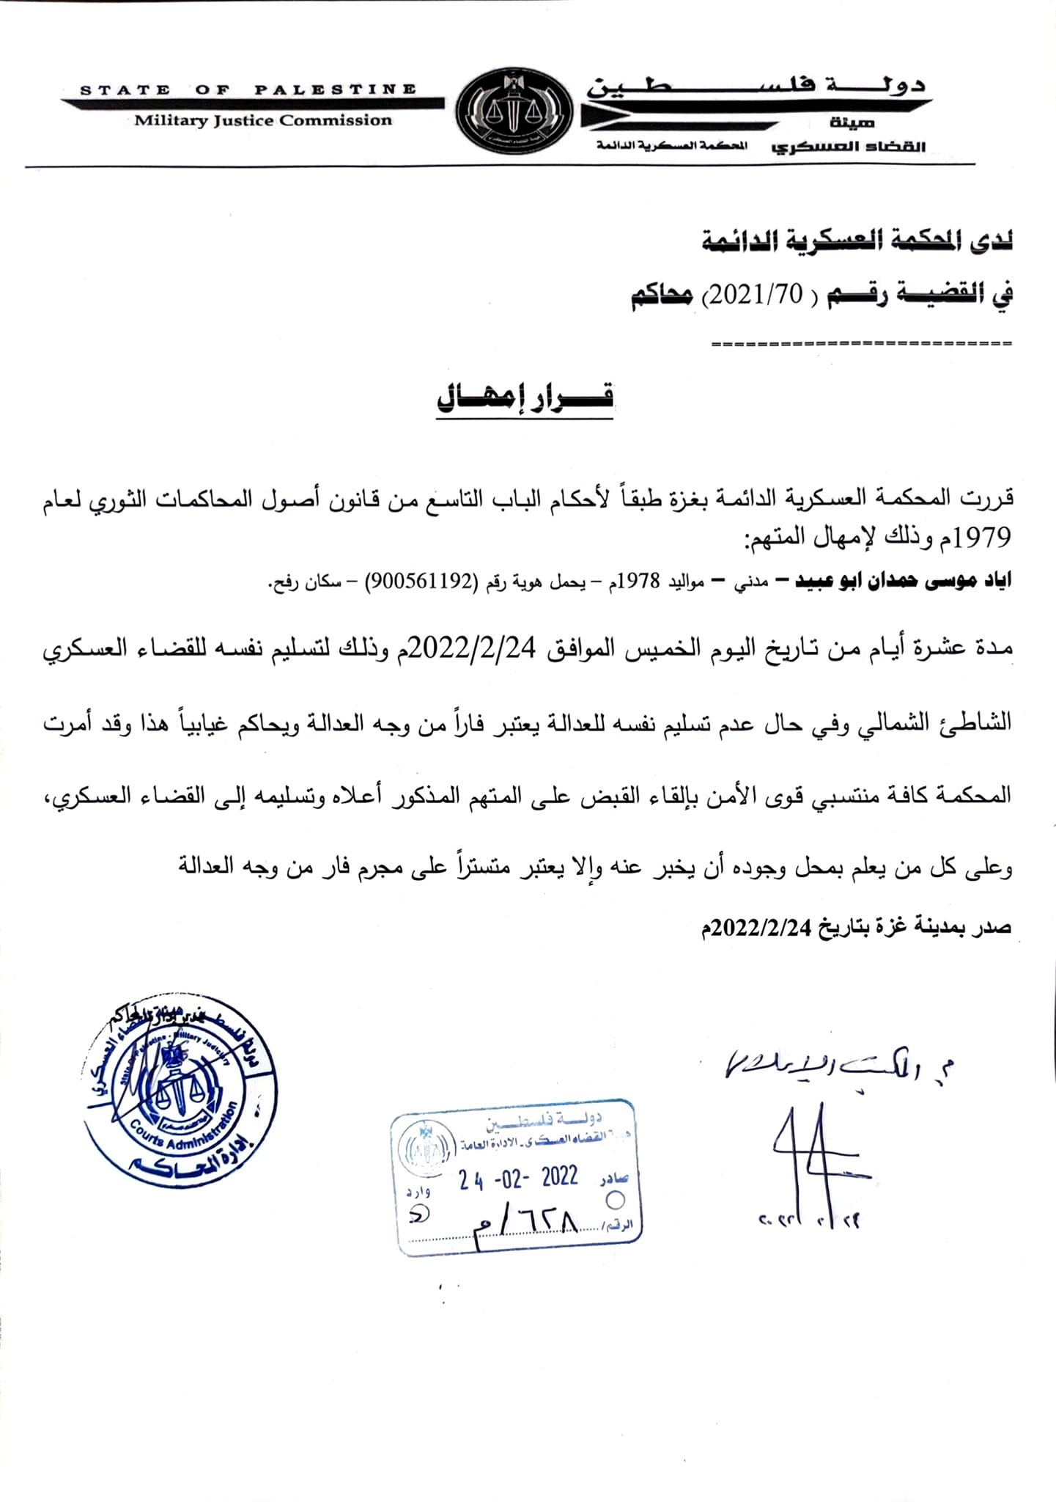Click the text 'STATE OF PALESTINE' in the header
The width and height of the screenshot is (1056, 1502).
point(248,90)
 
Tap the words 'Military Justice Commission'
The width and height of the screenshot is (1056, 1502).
point(263,121)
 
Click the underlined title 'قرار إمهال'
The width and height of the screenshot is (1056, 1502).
point(525,397)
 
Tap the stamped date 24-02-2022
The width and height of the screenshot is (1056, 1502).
point(519,1179)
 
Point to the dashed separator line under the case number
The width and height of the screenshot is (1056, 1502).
point(861,343)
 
